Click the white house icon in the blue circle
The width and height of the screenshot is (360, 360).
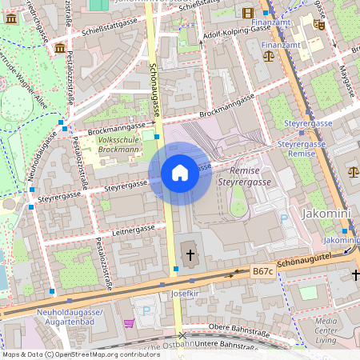[180, 173]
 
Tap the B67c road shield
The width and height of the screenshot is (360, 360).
[262, 272]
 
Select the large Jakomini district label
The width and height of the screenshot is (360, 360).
[329, 214]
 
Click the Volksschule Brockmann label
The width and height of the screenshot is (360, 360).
[119, 145]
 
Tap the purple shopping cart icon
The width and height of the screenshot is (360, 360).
[129, 323]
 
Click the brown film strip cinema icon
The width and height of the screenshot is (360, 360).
[247, 12]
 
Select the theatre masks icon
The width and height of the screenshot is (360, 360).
[319, 25]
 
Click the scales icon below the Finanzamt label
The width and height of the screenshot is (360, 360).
[268, 55]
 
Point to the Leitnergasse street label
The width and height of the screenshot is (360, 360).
[134, 229]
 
